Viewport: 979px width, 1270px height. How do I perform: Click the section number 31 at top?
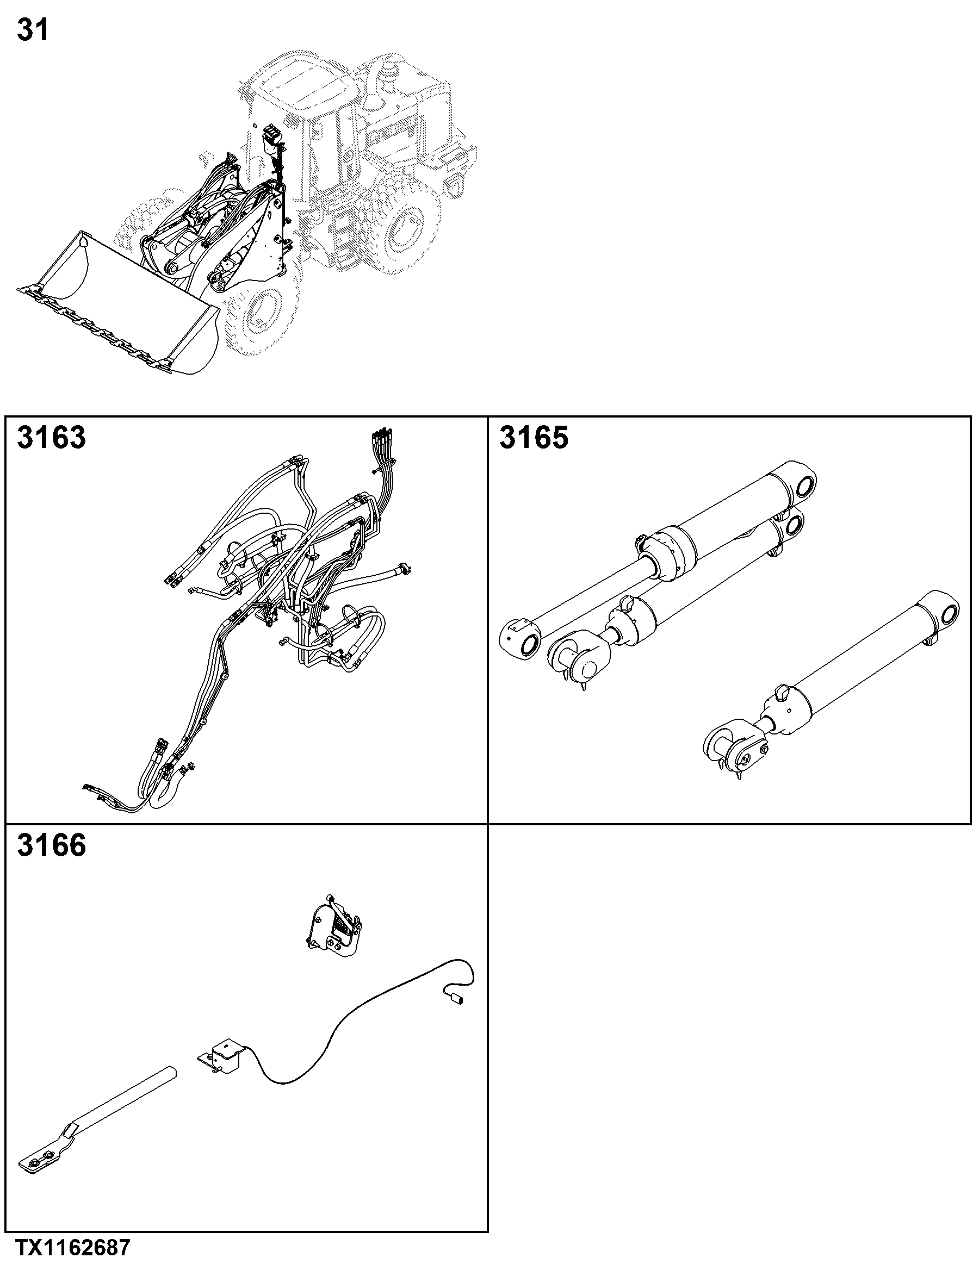click(x=33, y=30)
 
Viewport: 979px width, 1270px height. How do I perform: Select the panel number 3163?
click(x=51, y=438)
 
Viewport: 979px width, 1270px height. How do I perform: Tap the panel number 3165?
click(x=534, y=438)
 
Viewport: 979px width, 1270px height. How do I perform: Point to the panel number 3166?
click(x=51, y=846)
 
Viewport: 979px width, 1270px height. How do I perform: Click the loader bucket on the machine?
click(x=116, y=302)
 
